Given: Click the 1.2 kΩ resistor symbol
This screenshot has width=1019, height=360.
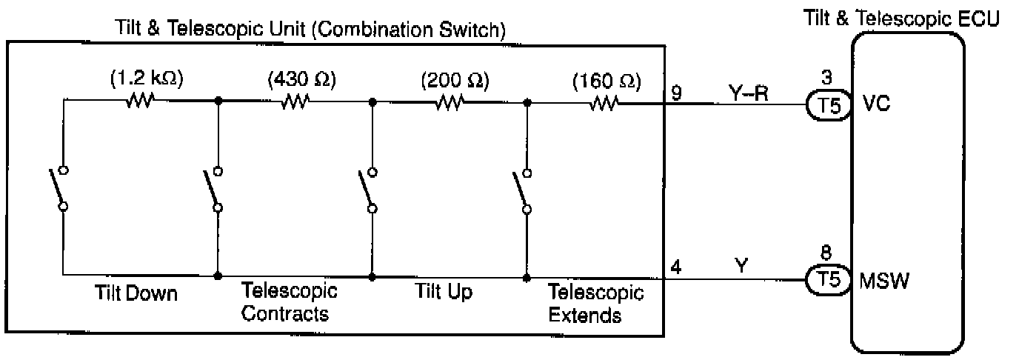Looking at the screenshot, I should pyautogui.click(x=138, y=101).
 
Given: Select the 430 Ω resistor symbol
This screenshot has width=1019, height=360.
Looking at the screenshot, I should pyautogui.click(x=294, y=101).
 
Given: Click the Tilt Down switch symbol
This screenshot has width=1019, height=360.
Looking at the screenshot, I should pyautogui.click(x=59, y=188).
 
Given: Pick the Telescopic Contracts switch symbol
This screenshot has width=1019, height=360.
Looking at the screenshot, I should pyautogui.click(x=213, y=190).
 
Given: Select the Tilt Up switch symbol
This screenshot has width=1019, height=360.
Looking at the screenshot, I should pyautogui.click(x=367, y=190).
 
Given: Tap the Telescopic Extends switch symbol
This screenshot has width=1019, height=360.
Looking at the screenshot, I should pyautogui.click(x=521, y=191).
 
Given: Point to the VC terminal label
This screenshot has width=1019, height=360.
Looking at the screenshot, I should pyautogui.click(x=877, y=104).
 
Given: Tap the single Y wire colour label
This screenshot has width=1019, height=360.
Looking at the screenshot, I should pyautogui.click(x=741, y=264).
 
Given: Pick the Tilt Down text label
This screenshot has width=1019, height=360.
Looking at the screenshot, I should pyautogui.click(x=136, y=294).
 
